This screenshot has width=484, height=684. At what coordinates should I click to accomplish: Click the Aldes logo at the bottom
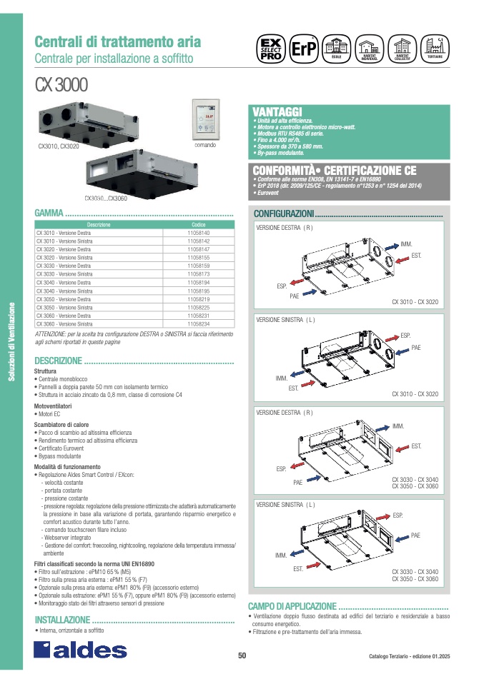(x=81, y=649)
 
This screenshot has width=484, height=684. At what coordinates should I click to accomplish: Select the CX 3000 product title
(x=61, y=85)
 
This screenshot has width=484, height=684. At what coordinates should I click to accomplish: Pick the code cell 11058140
(x=197, y=233)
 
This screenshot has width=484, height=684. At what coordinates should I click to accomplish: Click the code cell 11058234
(x=197, y=323)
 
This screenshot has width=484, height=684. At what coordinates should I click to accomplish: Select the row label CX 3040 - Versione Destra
(x=64, y=283)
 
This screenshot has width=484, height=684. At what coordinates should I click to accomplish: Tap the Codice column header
(x=197, y=225)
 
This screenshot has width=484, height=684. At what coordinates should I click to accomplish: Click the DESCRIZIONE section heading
(x=59, y=361)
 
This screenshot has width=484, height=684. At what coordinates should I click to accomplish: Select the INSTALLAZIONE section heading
(x=62, y=620)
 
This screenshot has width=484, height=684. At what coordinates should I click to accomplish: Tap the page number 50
(x=242, y=656)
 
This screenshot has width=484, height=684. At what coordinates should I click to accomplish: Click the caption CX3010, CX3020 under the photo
(x=59, y=146)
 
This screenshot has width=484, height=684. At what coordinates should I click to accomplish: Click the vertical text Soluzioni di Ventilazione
(x=11, y=343)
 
